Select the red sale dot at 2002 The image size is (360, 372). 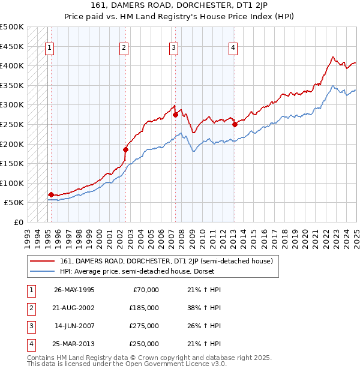click(x=125, y=149)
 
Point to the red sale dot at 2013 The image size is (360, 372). click(x=235, y=124)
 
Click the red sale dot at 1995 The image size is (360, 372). click(x=51, y=194)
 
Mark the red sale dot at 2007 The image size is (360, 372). click(x=175, y=114)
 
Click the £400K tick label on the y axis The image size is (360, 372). click(x=12, y=65)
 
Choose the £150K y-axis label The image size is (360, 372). click(x=12, y=163)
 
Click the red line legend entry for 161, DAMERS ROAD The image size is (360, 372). click(x=166, y=261)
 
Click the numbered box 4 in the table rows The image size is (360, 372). click(x=29, y=344)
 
